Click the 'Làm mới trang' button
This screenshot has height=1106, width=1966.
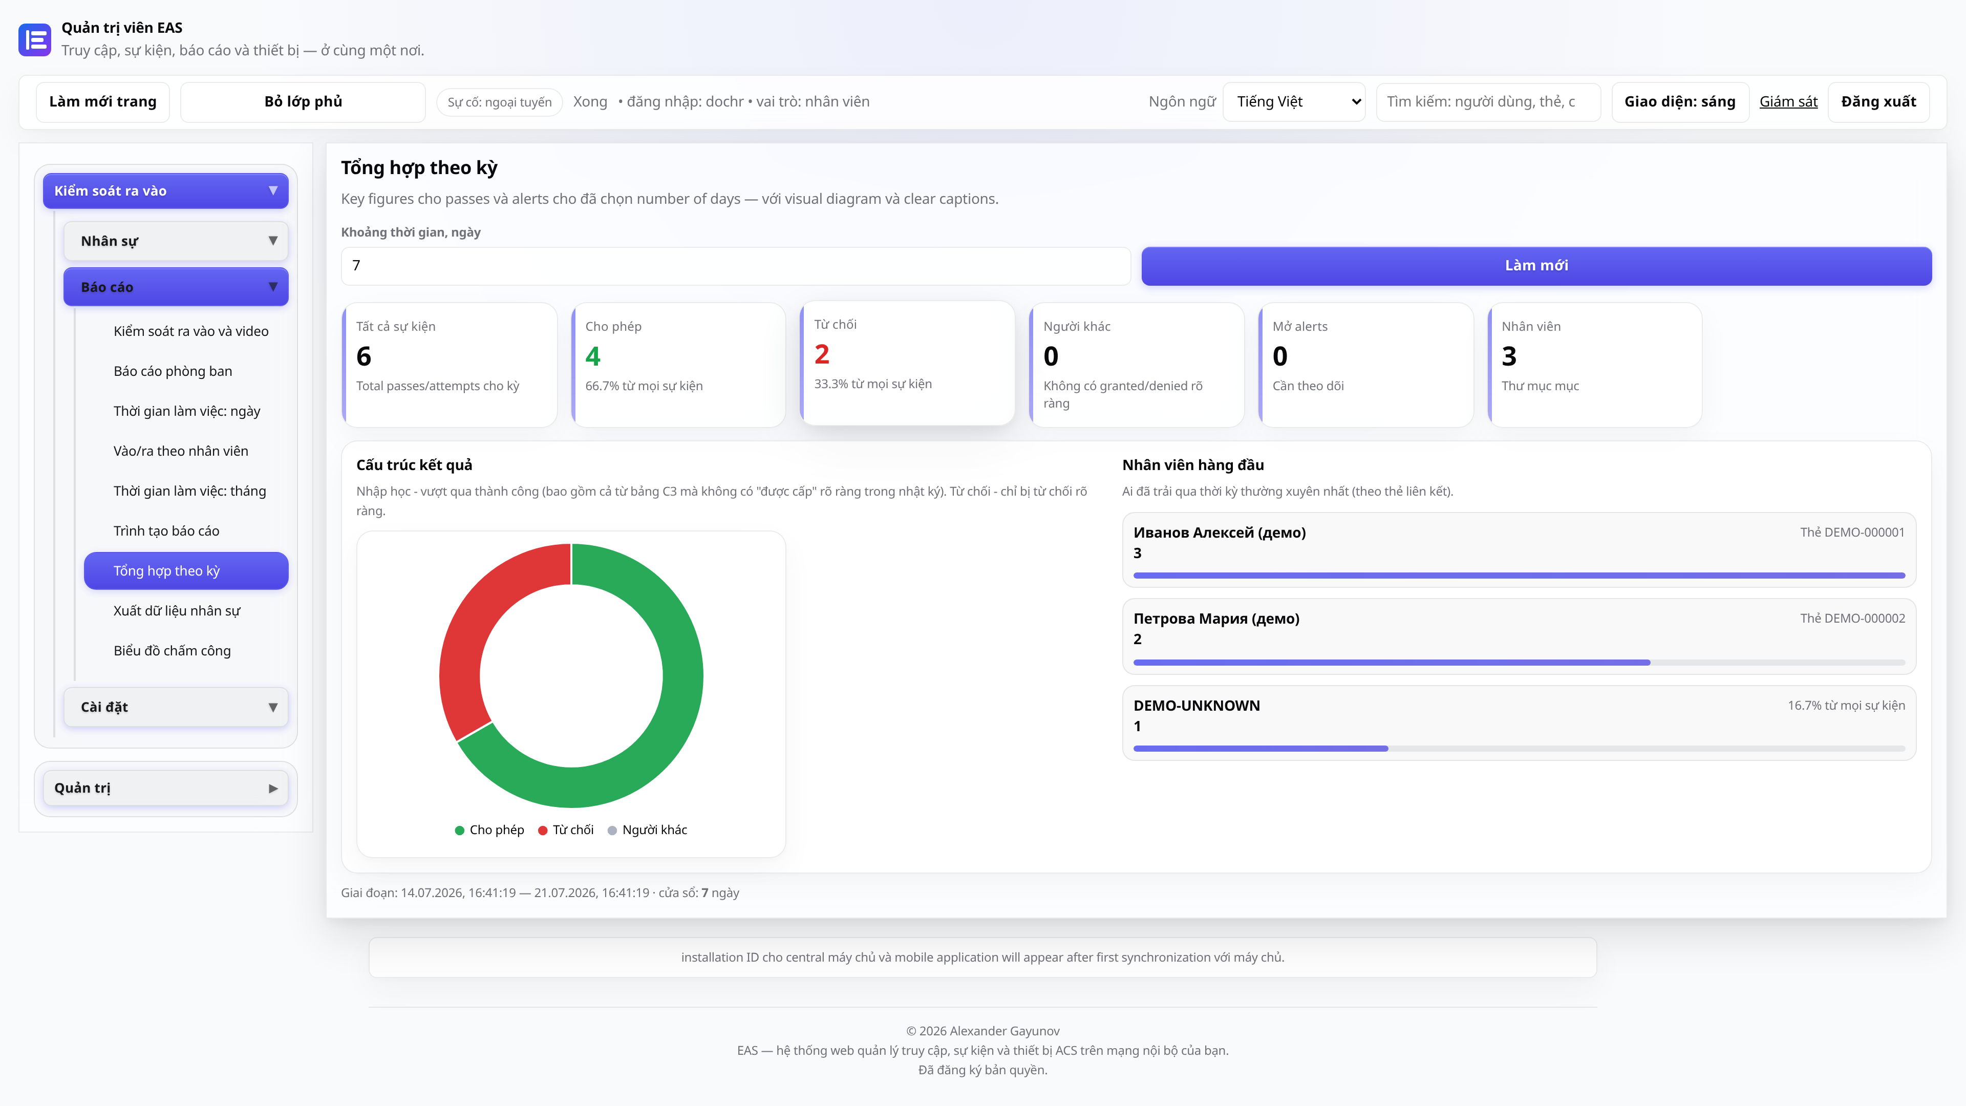(x=102, y=101)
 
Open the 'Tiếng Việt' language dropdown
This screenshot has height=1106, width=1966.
(x=1294, y=101)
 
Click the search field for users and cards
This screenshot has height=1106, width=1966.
(x=1487, y=101)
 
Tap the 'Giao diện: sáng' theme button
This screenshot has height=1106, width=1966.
(x=1679, y=101)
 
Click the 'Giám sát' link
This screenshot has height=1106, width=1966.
(x=1788, y=101)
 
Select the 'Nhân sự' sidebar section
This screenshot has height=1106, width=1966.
(x=176, y=241)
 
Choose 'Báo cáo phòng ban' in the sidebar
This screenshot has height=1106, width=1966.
(x=173, y=371)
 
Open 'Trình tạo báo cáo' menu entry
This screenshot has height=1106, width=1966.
(x=166, y=530)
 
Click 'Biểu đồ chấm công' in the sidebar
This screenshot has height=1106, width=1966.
(x=172, y=650)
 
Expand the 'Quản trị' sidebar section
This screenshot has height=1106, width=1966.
(x=165, y=788)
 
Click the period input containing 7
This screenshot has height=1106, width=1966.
(x=735, y=266)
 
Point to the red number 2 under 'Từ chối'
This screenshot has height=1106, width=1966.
(x=821, y=354)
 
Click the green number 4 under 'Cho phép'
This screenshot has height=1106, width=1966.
(x=593, y=356)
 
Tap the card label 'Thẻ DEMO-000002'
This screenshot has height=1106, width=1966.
(x=1852, y=618)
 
